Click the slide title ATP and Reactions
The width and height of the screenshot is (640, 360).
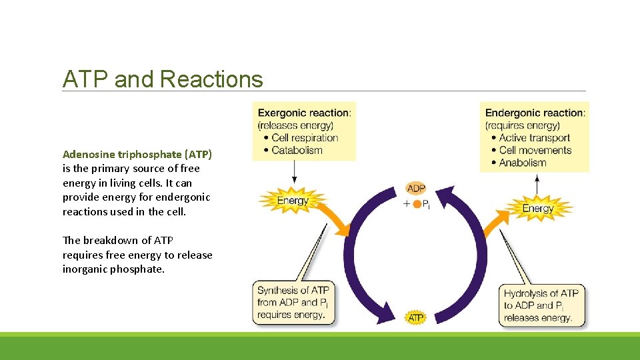[163, 79]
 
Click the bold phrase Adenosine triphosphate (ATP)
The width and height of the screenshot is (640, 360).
[137, 154]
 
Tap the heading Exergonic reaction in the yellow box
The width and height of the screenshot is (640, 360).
[303, 113]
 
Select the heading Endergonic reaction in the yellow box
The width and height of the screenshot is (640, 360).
[535, 113]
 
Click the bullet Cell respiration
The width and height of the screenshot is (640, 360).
[305, 138]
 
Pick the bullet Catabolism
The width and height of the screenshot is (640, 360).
[297, 150]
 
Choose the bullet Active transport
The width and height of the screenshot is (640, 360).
[535, 138]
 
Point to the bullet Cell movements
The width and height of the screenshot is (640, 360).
[535, 150]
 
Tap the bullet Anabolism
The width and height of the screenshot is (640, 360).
[522, 162]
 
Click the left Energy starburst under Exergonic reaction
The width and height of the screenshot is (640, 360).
[293, 201]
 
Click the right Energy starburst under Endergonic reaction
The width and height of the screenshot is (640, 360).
[537, 208]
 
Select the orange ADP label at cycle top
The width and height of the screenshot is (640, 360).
[416, 189]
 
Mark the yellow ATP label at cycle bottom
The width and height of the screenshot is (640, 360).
[415, 318]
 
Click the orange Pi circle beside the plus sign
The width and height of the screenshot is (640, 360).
[417, 205]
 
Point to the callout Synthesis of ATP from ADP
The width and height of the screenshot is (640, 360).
[293, 302]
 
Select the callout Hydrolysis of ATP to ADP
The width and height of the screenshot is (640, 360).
[541, 305]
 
